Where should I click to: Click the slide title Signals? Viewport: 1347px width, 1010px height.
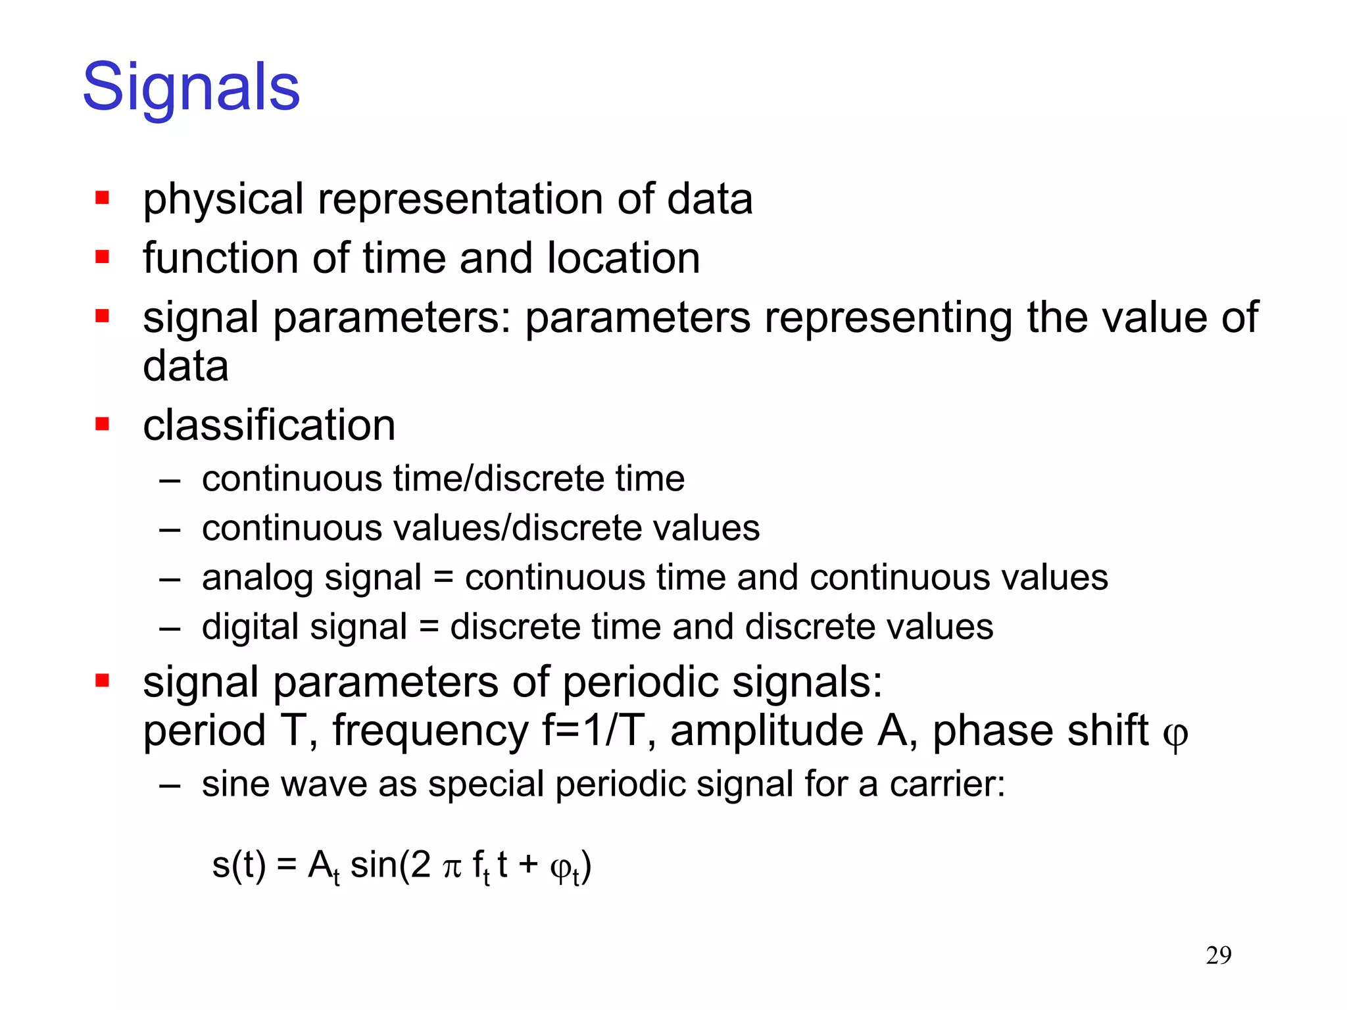191,87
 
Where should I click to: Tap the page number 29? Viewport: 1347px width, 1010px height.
1218,955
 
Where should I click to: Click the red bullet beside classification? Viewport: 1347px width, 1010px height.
102,424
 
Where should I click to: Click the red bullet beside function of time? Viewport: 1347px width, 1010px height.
102,256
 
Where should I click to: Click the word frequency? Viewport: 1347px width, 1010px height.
430,731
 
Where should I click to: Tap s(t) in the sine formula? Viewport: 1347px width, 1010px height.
239,865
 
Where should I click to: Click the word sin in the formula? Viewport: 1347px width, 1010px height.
374,865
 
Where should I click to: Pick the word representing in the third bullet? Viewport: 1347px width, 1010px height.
888,318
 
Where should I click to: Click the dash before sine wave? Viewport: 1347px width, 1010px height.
170,785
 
